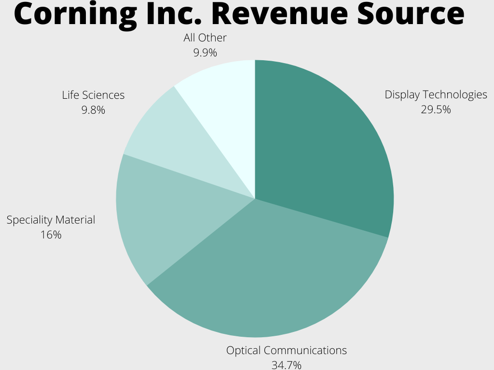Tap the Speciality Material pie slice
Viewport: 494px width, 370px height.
click(159, 217)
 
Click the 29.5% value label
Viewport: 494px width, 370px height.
click(436, 109)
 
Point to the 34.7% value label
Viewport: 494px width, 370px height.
click(286, 365)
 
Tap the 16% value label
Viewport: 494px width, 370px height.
click(51, 235)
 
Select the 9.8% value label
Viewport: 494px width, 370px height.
click(93, 110)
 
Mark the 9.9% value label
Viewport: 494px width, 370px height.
click(205, 53)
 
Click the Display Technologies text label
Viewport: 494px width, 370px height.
click(436, 94)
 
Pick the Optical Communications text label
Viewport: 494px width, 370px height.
click(287, 350)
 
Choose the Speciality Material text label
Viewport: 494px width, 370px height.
click(51, 220)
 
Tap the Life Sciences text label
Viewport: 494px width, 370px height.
click(93, 95)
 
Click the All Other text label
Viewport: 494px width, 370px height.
click(205, 38)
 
